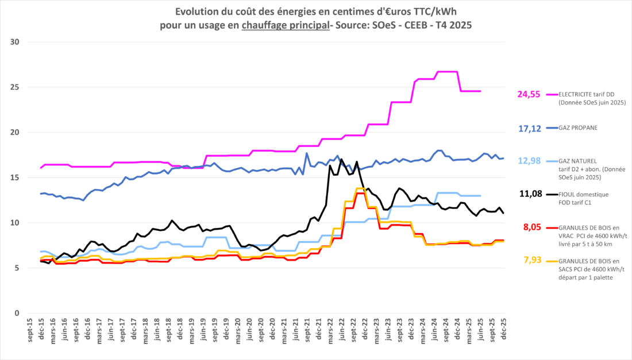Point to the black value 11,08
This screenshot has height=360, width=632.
530,193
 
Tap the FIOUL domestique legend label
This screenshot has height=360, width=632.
583,195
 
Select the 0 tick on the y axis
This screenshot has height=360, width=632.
17,313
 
